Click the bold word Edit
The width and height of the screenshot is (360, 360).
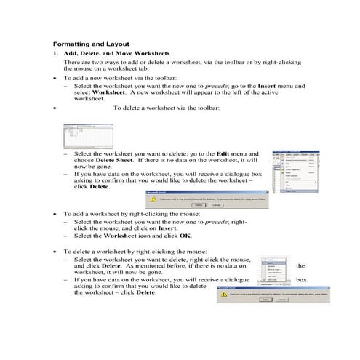coord(224,155)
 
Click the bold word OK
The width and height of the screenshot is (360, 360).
coord(185,236)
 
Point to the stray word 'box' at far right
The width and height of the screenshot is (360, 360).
coord(301,279)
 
